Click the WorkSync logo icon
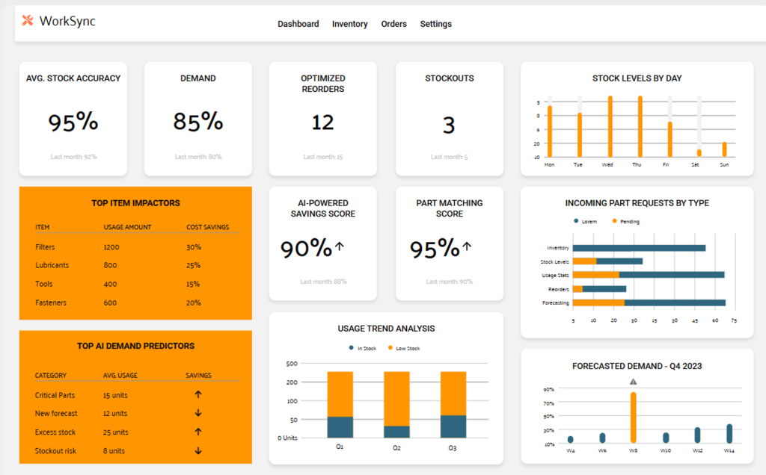(28, 21)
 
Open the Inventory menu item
(349, 24)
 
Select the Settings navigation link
(435, 24)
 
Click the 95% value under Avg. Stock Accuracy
(73, 121)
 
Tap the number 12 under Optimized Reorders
(322, 122)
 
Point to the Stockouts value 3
(448, 125)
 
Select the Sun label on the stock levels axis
(724, 164)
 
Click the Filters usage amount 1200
(111, 247)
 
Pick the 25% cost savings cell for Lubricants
(193, 266)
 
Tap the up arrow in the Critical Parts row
(198, 395)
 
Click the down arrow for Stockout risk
(198, 451)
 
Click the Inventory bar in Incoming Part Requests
(639, 248)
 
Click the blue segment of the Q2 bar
(396, 432)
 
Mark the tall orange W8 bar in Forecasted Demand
(634, 417)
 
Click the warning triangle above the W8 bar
(634, 382)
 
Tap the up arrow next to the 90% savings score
(340, 246)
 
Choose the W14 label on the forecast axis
(729, 450)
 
